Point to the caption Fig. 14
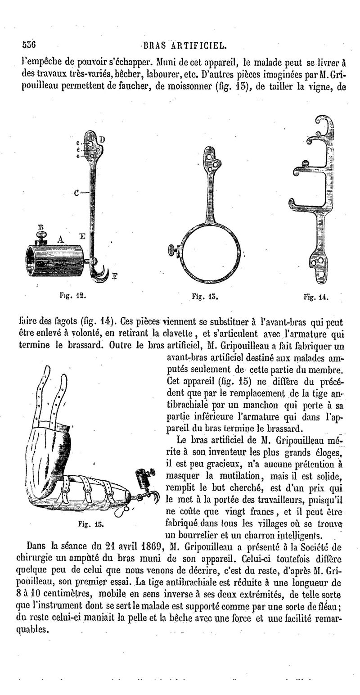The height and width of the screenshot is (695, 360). pos(315,297)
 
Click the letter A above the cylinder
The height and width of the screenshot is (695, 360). pos(61,239)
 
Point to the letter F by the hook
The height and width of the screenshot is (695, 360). pos(114,277)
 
